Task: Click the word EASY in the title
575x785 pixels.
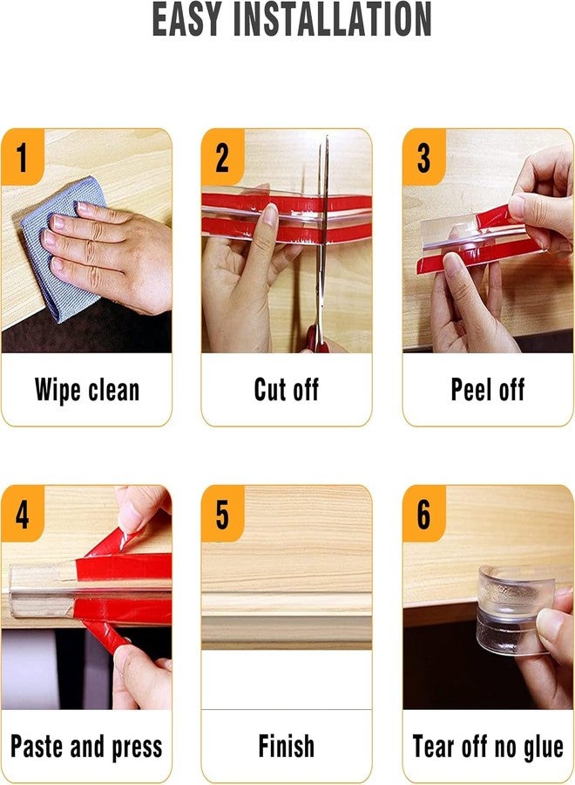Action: point(186,19)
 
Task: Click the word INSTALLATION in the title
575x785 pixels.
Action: point(333,19)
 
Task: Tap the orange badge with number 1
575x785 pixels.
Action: point(22,157)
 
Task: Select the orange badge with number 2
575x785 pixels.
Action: point(222,157)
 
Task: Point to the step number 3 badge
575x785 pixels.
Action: point(424,157)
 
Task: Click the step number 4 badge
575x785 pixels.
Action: point(22,513)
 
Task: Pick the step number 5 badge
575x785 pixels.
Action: point(222,513)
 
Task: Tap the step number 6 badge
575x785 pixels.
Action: point(424,513)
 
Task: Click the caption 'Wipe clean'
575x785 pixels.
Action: point(87,390)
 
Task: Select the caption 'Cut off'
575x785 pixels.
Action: point(286,390)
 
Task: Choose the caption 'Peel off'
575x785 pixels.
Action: point(488,390)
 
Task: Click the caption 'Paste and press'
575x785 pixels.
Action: point(86,747)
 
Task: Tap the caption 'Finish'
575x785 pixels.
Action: point(286,746)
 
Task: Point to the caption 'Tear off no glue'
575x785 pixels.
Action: point(488,747)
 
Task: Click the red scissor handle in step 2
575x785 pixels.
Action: point(316,339)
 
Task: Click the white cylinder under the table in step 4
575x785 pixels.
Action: point(30,668)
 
